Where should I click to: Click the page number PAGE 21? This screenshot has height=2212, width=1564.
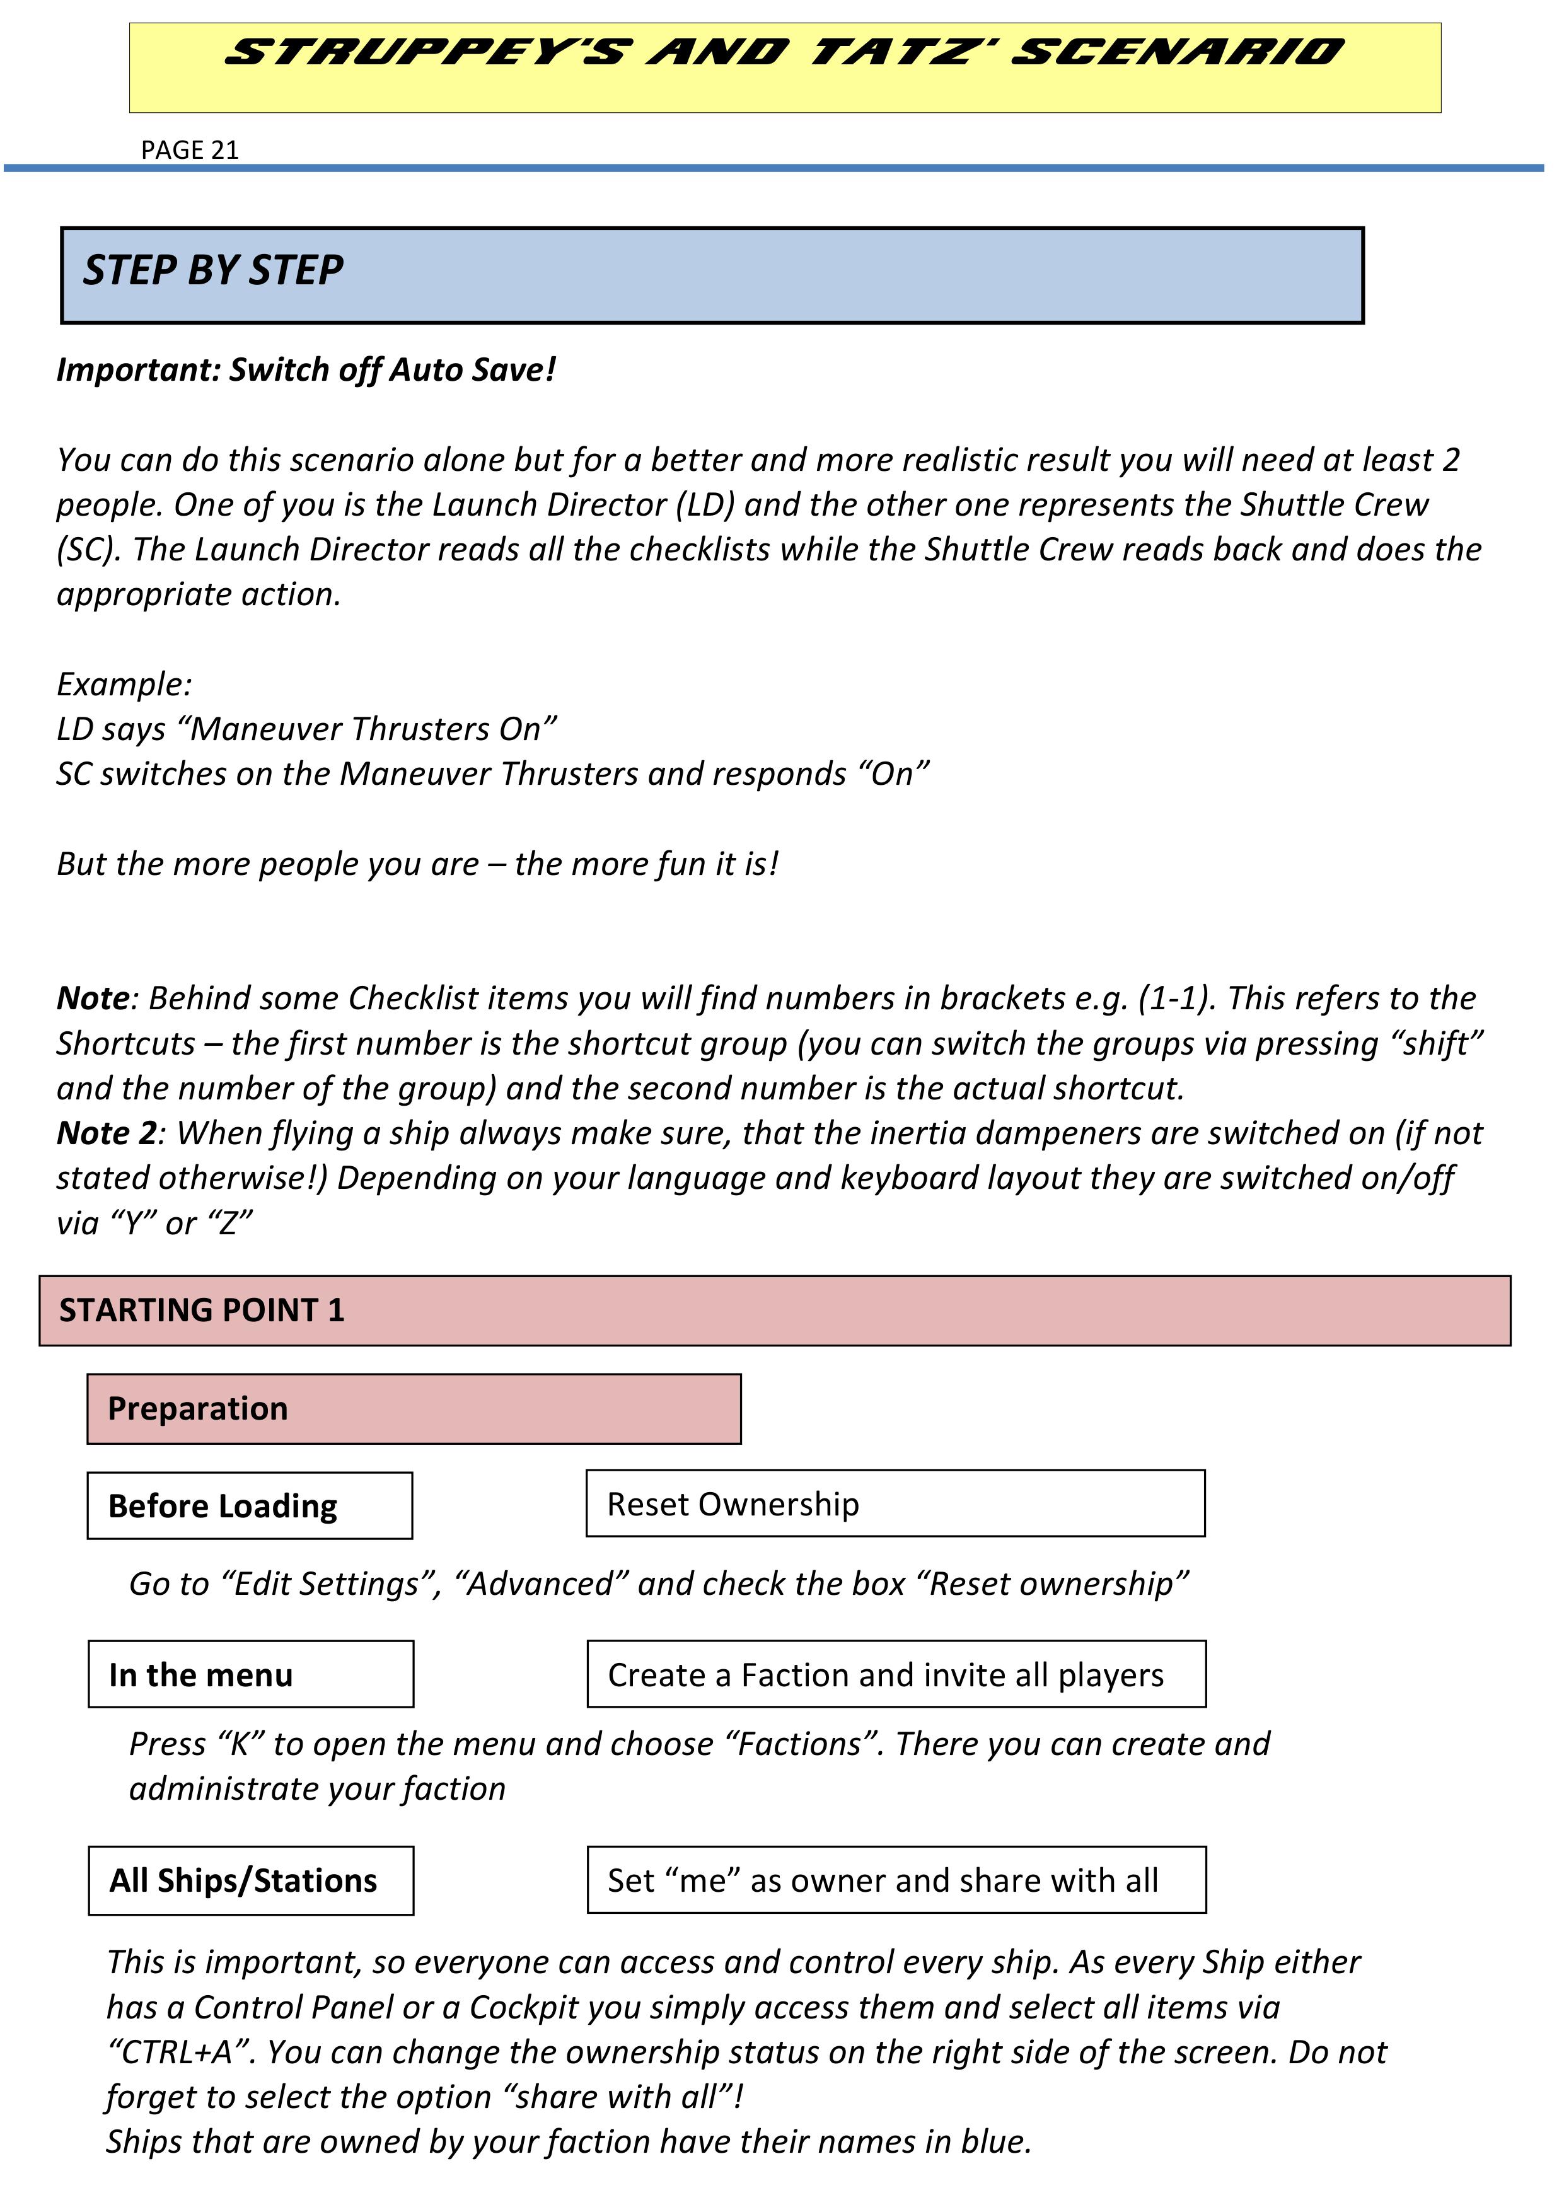[189, 150]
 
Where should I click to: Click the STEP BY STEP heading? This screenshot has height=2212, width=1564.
[213, 270]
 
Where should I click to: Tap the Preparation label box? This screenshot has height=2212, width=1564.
[414, 1408]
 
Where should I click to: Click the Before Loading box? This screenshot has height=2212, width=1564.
[250, 1506]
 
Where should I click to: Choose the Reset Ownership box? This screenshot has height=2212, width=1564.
[895, 1504]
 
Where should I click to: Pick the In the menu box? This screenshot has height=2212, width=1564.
[250, 1674]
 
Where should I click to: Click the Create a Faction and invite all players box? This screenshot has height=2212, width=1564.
[896, 1674]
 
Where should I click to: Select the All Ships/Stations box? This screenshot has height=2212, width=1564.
[250, 1880]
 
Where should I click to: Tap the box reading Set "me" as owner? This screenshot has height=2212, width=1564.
[896, 1880]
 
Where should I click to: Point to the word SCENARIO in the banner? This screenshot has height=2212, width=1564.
[1178, 52]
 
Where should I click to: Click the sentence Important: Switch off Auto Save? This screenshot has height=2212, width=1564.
[306, 370]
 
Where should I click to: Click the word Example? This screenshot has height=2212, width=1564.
[124, 684]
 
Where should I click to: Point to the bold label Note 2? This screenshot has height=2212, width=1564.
[106, 1133]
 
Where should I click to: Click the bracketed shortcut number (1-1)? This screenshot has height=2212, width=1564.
[1173, 998]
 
